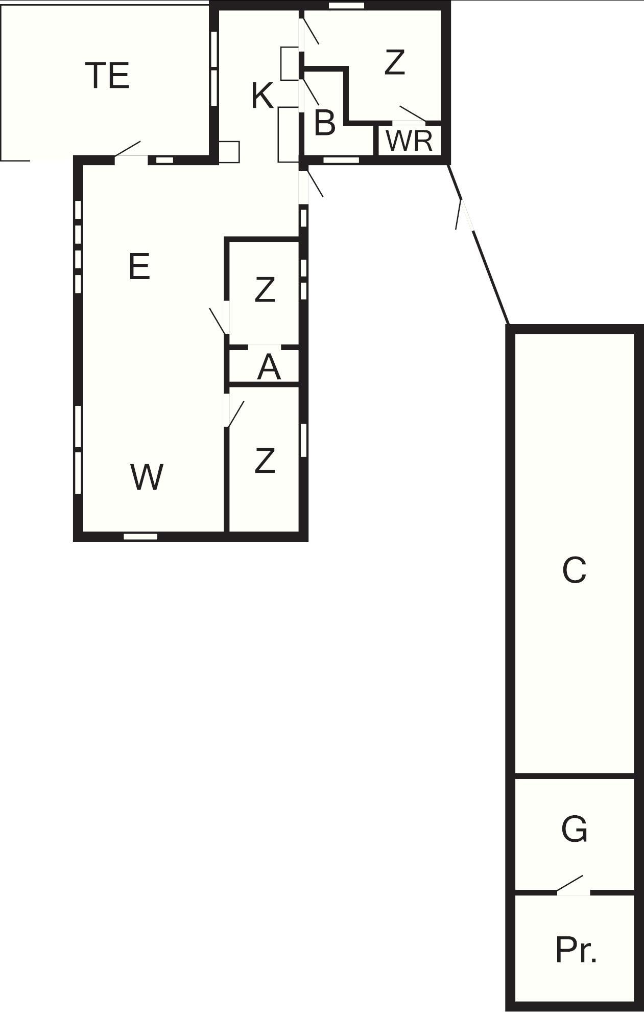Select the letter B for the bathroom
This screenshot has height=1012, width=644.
[x=325, y=123]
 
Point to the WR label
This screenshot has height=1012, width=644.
[x=410, y=141]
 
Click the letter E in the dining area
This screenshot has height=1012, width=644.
[x=139, y=266]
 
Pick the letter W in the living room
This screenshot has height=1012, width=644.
[x=147, y=477]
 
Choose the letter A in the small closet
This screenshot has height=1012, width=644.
[x=269, y=367]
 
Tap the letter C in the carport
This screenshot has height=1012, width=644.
[x=574, y=570]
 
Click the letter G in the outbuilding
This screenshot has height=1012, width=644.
[x=574, y=829]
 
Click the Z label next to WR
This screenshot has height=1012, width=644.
[x=394, y=62]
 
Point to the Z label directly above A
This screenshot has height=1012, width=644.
[x=265, y=289]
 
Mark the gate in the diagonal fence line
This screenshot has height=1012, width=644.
[x=465, y=215]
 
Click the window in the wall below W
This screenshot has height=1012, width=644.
[x=141, y=536]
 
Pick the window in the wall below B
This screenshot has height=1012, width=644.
[x=342, y=160]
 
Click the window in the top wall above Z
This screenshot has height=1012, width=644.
[x=346, y=6]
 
